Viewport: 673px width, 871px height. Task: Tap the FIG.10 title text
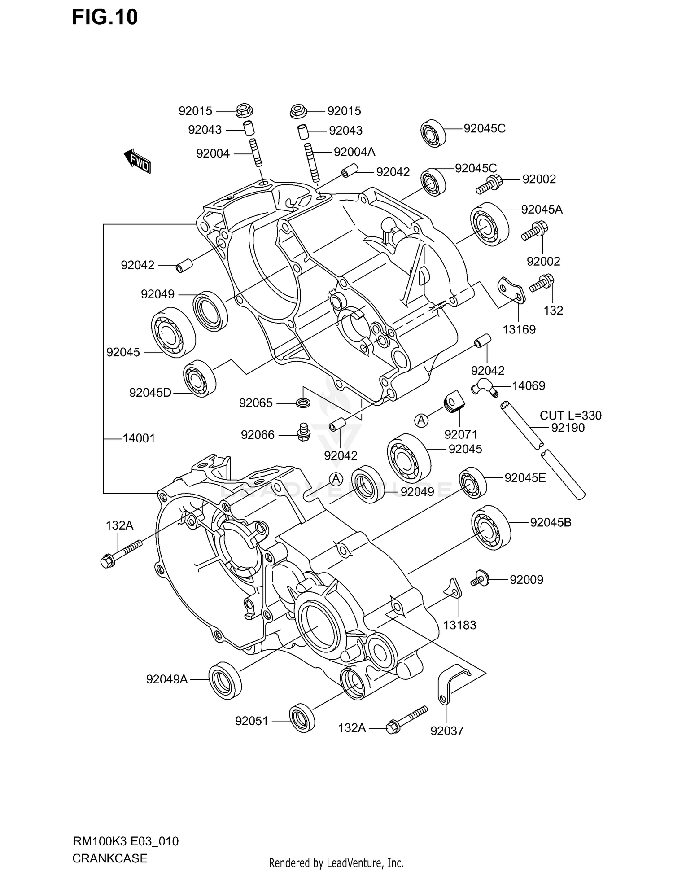pos(105,18)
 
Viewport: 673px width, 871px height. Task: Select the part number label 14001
pos(139,438)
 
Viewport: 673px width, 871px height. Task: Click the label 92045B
pos(551,522)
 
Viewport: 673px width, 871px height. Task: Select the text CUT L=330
pos(570,416)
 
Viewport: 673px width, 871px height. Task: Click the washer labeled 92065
pos(303,403)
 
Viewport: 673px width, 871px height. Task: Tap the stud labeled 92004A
pos(312,162)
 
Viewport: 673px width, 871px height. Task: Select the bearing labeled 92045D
pos(200,378)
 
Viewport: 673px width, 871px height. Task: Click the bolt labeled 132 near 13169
pos(542,284)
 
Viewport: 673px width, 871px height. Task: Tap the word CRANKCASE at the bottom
pos(109,858)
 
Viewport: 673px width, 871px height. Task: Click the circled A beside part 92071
pos(421,420)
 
